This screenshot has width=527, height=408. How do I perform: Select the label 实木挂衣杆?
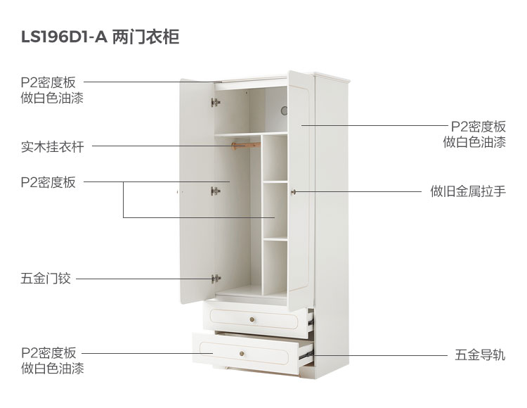(x=52, y=147)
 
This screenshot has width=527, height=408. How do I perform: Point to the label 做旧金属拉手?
(x=468, y=191)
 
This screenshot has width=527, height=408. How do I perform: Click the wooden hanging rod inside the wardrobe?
(x=245, y=146)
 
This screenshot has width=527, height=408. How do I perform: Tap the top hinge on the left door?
(x=215, y=103)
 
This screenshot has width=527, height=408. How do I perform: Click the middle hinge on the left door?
(x=215, y=190)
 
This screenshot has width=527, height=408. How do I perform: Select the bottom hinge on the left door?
(x=216, y=279)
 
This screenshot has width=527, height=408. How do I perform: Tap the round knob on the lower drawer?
(x=245, y=352)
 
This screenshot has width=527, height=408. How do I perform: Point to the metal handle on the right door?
(x=294, y=191)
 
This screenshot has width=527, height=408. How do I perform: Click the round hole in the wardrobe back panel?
(x=284, y=110)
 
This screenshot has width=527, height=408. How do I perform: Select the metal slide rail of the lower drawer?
(x=305, y=355)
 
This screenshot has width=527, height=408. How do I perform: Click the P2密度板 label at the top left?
(x=48, y=82)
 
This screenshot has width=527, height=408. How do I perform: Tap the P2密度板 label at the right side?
(x=478, y=127)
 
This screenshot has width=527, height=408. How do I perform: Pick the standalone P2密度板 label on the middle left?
(x=48, y=182)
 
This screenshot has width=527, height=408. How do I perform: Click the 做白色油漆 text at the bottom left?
(x=52, y=369)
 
